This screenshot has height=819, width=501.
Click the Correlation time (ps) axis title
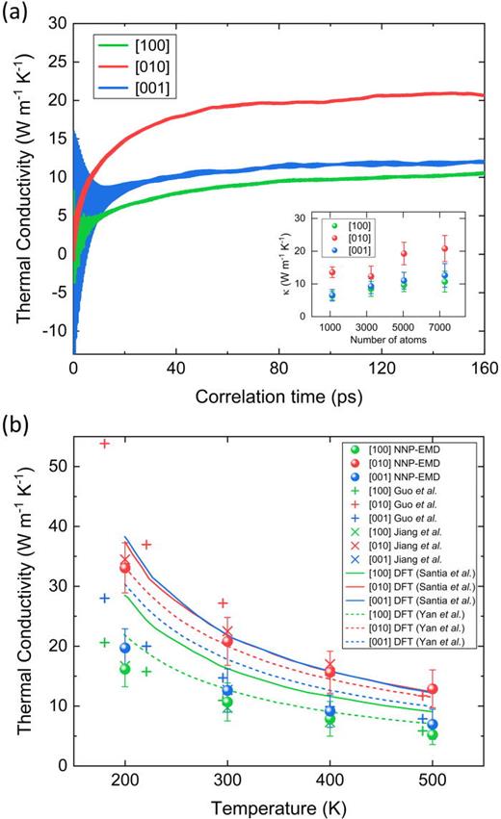pyautogui.click(x=277, y=395)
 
